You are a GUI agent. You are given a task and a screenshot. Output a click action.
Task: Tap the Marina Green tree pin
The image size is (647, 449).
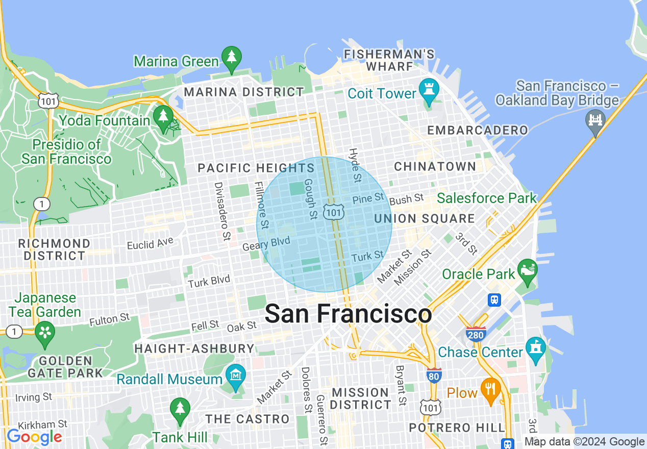tap(232, 57)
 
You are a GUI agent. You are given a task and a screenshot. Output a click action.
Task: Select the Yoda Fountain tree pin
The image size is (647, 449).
tap(163, 117)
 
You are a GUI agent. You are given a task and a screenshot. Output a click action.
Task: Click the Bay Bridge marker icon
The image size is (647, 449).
tap(595, 120)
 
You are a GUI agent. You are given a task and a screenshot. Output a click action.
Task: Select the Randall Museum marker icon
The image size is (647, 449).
tap(236, 376)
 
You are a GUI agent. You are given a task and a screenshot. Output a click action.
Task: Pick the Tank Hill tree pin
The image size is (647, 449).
tap(180, 409)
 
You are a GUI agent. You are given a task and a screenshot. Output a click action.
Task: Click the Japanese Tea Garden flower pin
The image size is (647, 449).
tap(45, 332)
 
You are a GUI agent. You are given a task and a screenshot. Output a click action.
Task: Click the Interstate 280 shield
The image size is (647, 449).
tap(475, 333)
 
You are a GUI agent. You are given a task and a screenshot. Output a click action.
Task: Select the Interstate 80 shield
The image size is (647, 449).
tap(434, 376)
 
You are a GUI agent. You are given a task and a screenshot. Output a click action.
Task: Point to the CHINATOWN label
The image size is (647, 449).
tap(435, 167)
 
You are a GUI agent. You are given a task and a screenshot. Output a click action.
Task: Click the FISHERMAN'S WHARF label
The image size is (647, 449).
tap(389, 60)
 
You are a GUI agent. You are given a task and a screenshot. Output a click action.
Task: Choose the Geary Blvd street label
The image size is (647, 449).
tap(266, 244)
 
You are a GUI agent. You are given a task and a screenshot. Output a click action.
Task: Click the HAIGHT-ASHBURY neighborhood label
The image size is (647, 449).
tap(194, 348)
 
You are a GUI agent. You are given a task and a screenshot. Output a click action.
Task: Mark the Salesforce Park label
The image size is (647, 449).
tap(487, 198)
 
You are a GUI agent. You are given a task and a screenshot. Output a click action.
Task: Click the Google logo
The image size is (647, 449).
tap(34, 437)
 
